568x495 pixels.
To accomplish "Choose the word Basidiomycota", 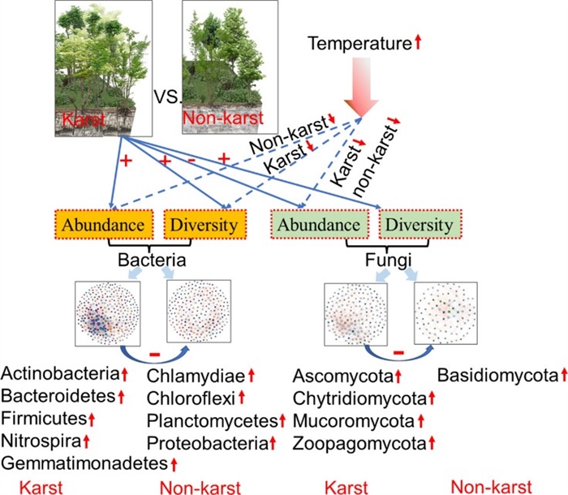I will point(497,375).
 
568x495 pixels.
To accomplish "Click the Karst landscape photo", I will point(104,69).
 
